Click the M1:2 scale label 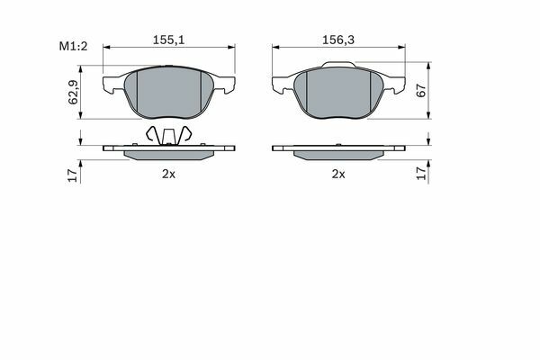pyautogui.click(x=74, y=46)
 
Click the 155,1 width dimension pyautogui.click(x=169, y=40)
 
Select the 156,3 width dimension pyautogui.click(x=338, y=40)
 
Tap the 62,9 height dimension pyautogui.click(x=73, y=92)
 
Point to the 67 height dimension pyautogui.click(x=421, y=91)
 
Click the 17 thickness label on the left pyautogui.click(x=73, y=175)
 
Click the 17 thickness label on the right pyautogui.click(x=421, y=174)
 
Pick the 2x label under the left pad pyautogui.click(x=169, y=175)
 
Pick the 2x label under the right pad pyautogui.click(x=338, y=175)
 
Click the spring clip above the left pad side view pyautogui.click(x=168, y=135)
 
